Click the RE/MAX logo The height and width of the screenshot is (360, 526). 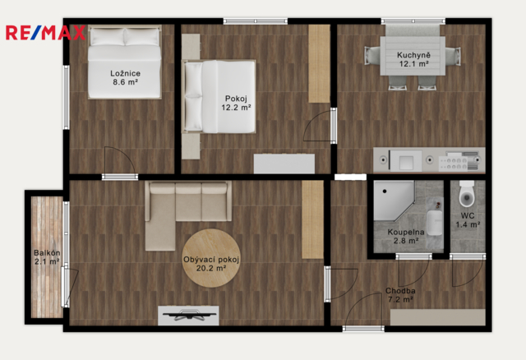click(x=46, y=33)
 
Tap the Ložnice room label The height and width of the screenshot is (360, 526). click(x=125, y=73)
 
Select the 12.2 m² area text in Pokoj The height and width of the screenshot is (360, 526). click(x=236, y=108)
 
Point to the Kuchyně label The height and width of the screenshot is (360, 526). click(x=413, y=55)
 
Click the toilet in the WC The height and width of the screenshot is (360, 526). click(x=467, y=194)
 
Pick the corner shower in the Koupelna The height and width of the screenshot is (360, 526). click(x=394, y=201)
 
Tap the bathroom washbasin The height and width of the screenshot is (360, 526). click(x=435, y=222)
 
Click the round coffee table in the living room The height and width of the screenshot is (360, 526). click(x=211, y=258)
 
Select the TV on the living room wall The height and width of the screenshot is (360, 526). click(x=188, y=316)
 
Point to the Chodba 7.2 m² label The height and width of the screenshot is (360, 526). click(x=400, y=295)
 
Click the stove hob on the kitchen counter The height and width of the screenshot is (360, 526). click(x=453, y=160)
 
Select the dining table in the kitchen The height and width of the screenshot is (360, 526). click(x=413, y=56)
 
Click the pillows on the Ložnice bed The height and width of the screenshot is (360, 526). click(x=125, y=36)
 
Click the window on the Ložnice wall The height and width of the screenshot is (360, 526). click(x=67, y=97)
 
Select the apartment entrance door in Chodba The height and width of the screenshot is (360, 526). click(x=363, y=329)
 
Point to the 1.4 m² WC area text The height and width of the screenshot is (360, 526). click(x=468, y=224)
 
